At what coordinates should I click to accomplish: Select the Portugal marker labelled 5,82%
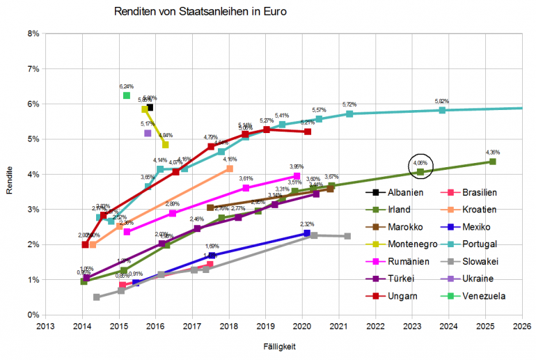pyautogui.click(x=442, y=110)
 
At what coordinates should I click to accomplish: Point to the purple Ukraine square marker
pyautogui.click(x=148, y=133)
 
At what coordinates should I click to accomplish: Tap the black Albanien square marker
pyautogui.click(x=150, y=107)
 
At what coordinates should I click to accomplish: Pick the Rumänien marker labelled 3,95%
pyautogui.click(x=297, y=176)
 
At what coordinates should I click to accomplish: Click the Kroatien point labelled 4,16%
pyautogui.click(x=230, y=169)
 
